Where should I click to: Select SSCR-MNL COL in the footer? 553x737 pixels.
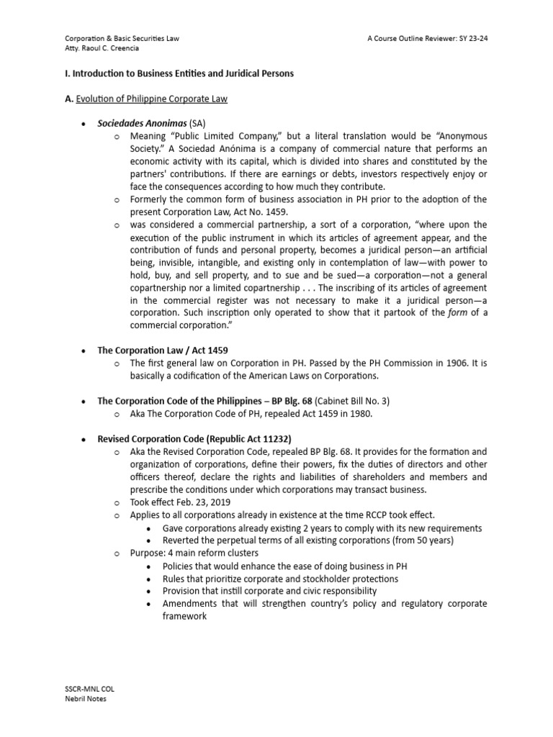click(89, 689)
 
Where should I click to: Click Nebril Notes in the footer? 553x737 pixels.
click(85, 698)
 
